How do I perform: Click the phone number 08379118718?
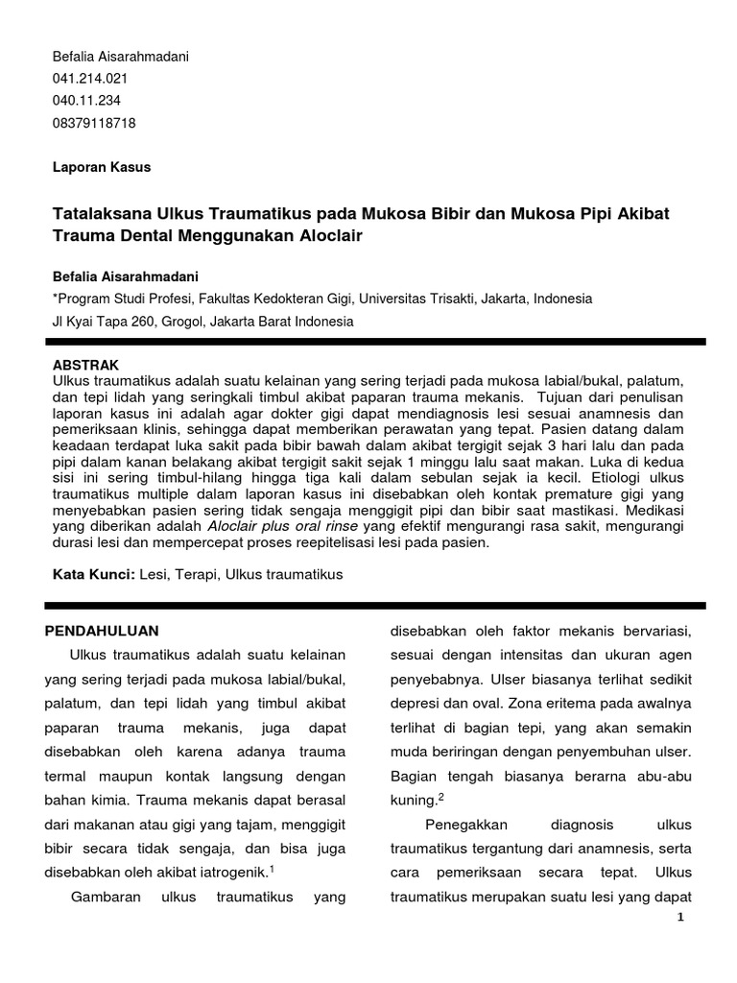point(93,123)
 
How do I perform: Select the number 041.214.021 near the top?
point(90,79)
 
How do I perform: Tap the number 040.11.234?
point(86,101)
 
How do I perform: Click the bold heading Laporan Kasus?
point(101,167)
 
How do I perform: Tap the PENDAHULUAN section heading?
point(103,631)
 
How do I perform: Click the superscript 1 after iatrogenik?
point(272,869)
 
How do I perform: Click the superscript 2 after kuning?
point(440,796)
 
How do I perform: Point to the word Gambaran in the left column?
point(105,897)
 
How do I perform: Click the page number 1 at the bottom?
point(680,918)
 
